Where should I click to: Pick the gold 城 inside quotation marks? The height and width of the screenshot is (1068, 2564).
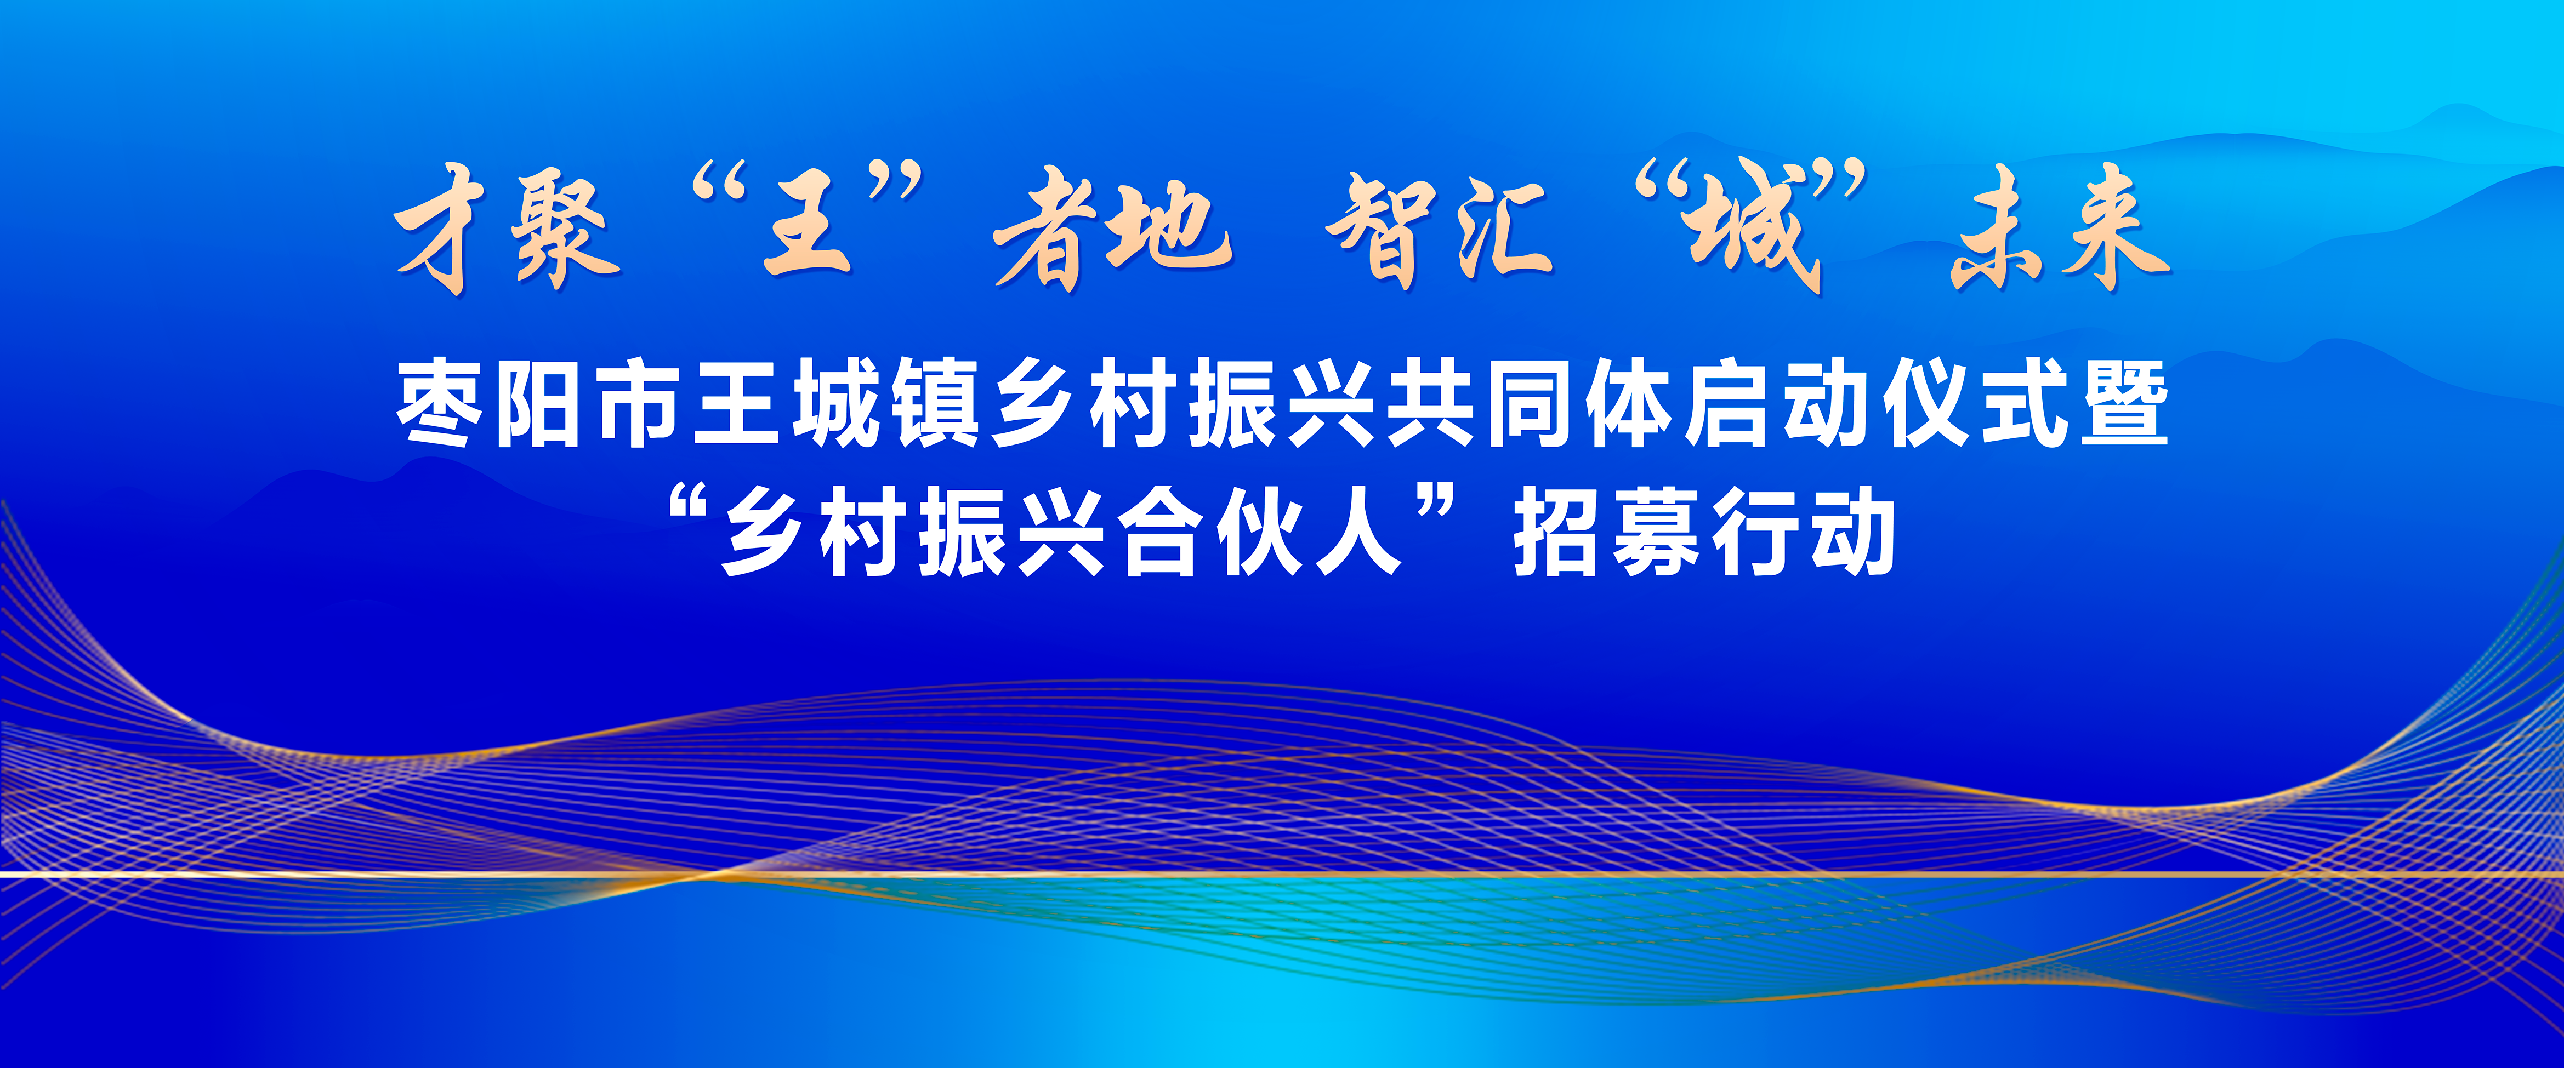click(x=1757, y=229)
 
